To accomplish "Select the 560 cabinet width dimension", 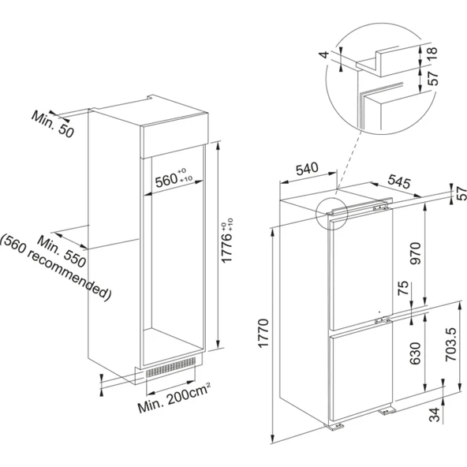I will pos(169,180).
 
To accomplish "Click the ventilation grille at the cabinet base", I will pos(169,367).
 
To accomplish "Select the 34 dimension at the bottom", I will pos(433,415).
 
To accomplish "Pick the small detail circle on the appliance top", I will pos(331,213).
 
